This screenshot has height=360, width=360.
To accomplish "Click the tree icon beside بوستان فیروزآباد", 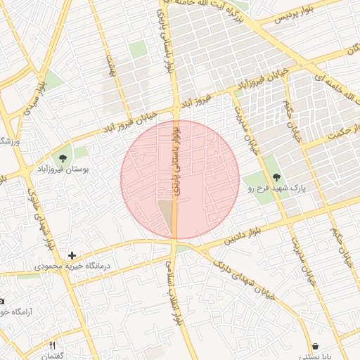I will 63,158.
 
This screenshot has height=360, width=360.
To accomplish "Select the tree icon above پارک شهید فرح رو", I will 275,178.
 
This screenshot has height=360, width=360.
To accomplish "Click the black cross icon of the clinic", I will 72,255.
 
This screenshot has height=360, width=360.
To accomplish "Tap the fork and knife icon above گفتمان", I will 52,346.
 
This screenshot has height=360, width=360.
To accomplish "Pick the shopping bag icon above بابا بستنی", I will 315,347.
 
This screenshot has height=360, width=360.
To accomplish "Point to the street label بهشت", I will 110,67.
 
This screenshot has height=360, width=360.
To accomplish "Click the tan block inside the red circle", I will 166,215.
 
